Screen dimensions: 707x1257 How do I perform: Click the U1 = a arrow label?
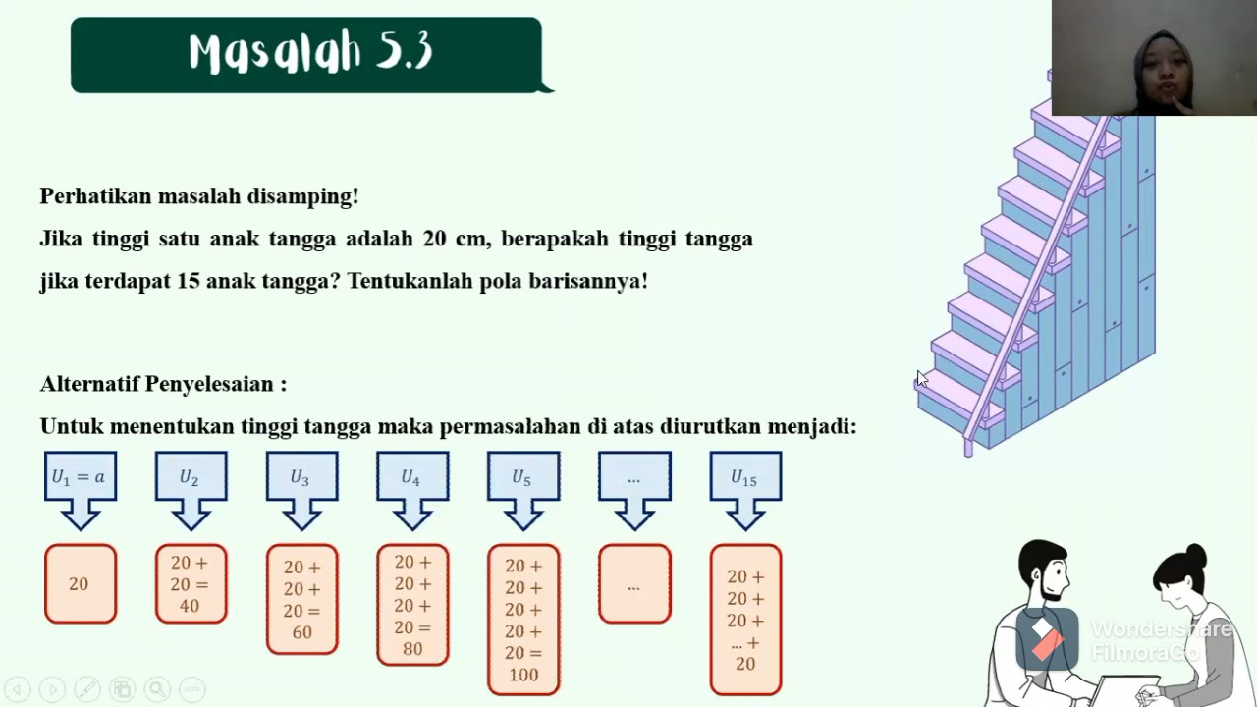(80, 478)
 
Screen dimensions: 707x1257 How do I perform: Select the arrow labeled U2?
(191, 479)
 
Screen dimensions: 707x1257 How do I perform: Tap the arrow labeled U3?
(301, 479)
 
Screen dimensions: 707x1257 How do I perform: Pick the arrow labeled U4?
(412, 479)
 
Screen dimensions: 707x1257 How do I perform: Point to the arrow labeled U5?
(523, 479)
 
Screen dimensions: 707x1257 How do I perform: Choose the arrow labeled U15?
(745, 479)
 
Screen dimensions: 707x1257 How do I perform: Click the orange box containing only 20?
(80, 584)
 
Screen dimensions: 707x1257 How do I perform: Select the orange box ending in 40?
(191, 584)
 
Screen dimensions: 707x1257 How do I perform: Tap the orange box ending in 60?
(301, 599)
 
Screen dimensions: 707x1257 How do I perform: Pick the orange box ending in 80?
(412, 605)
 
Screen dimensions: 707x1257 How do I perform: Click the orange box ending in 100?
(523, 620)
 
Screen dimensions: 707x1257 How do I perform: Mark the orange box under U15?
(745, 620)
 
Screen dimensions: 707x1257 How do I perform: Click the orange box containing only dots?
(634, 584)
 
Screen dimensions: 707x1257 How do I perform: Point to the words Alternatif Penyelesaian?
(163, 384)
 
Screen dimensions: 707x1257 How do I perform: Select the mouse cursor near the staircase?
(921, 379)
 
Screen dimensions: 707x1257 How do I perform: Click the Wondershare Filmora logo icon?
(1046, 639)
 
